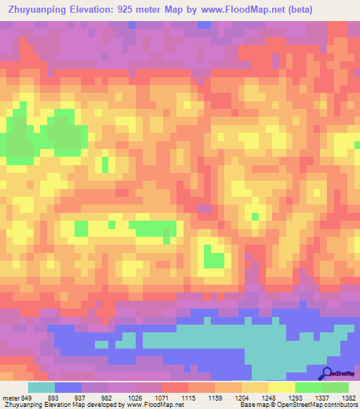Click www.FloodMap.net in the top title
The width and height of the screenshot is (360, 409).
(240, 9)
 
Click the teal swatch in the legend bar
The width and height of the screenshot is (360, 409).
(41, 387)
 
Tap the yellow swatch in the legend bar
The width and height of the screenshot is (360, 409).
(282, 387)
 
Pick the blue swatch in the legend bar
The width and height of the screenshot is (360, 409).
(68, 387)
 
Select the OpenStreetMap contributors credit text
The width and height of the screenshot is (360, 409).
(321, 405)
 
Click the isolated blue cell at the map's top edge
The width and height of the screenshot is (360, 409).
(204, 25)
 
